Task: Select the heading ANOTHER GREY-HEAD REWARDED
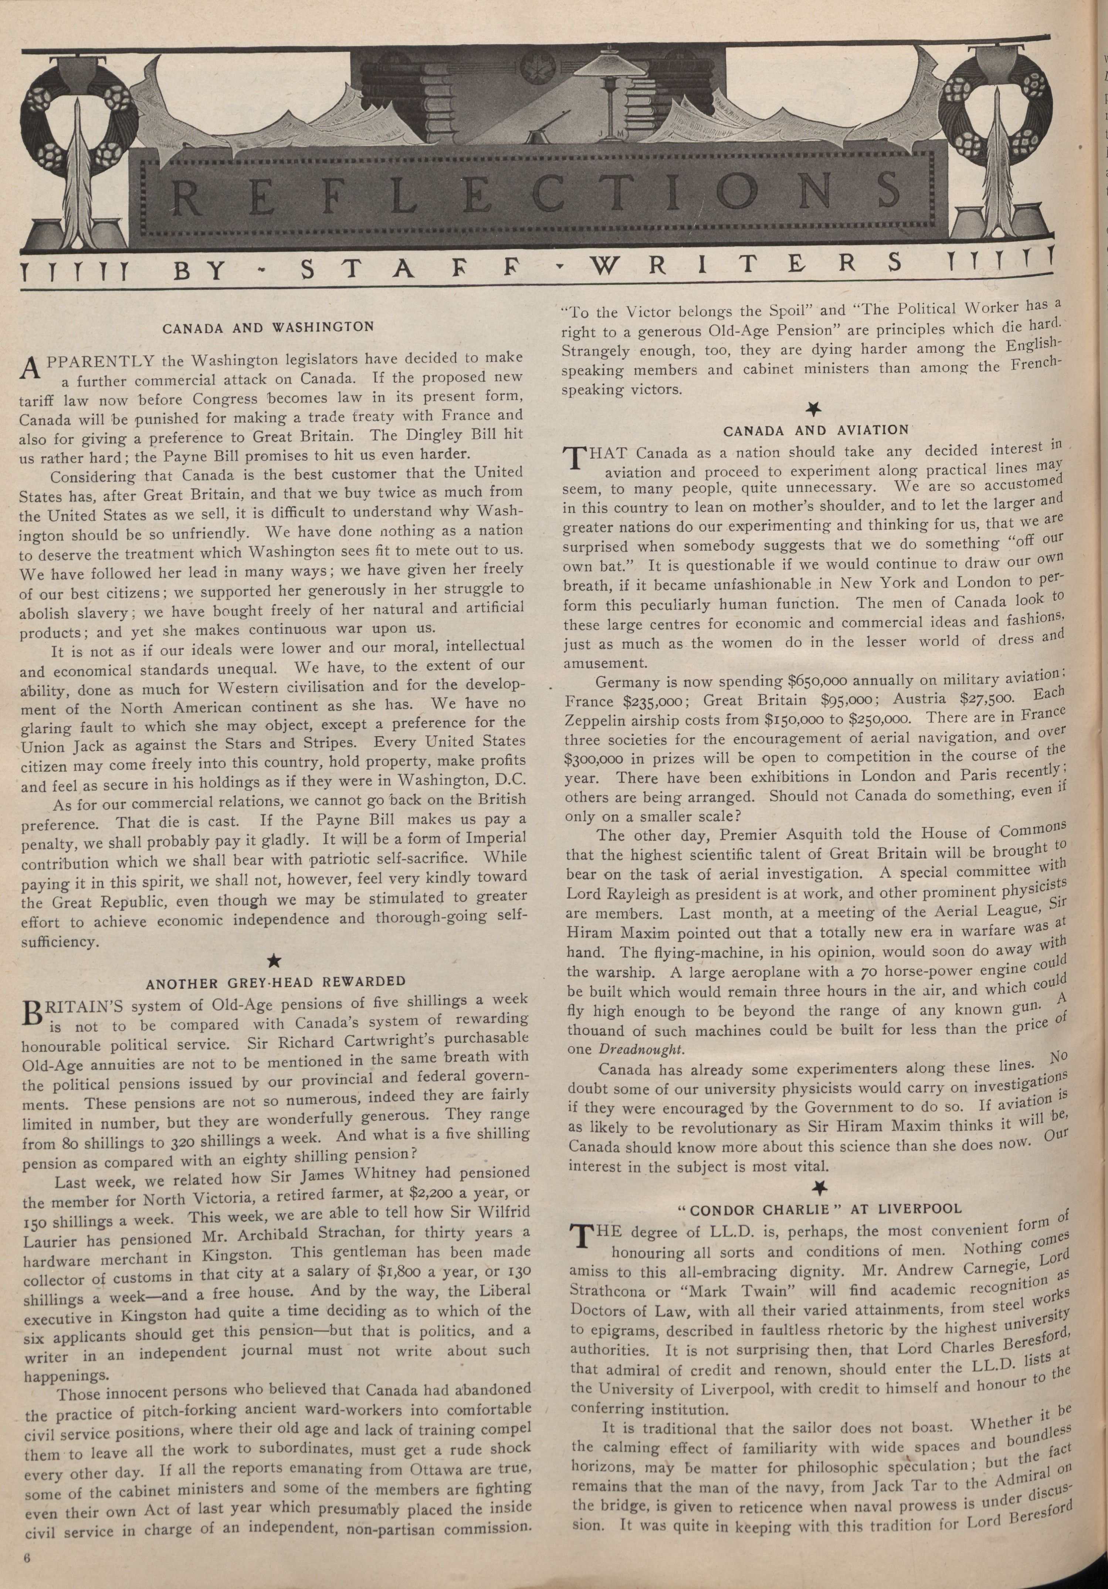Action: [275, 981]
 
